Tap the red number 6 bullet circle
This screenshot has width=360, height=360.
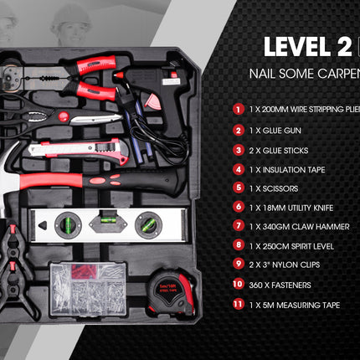click(x=239, y=208)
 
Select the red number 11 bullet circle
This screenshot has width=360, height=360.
click(x=239, y=305)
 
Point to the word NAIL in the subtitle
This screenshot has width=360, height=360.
click(x=263, y=74)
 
